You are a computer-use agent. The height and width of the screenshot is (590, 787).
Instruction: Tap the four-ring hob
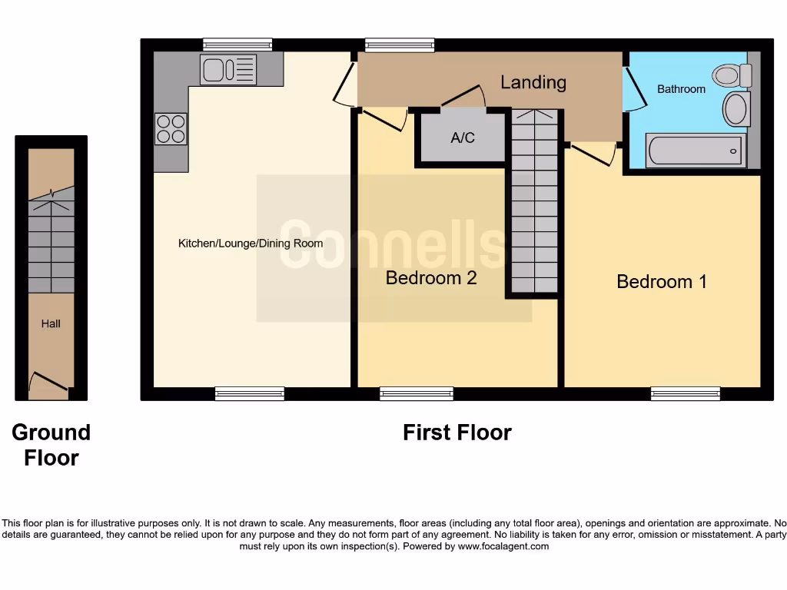[171, 128]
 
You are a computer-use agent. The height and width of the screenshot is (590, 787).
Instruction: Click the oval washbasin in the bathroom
[736, 109]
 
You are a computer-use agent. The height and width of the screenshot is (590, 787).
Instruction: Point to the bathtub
[696, 151]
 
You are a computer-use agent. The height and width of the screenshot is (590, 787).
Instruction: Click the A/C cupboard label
[463, 138]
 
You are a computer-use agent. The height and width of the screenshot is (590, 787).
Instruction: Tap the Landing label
[533, 82]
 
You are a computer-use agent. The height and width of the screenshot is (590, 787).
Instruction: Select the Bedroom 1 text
[662, 282]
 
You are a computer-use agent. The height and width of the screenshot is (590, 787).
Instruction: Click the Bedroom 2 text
[431, 278]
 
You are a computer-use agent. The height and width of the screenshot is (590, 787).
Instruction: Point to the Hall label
[51, 323]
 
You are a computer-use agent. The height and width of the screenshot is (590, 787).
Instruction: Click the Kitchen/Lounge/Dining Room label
[251, 244]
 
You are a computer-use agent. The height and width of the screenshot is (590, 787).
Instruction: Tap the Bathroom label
[681, 89]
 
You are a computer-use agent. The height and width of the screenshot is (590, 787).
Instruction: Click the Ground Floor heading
[51, 445]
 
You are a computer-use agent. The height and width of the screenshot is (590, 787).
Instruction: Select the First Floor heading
[457, 433]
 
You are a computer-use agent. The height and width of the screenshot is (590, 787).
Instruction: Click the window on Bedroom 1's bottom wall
[686, 394]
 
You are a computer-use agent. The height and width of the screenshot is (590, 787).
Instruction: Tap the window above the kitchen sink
[237, 45]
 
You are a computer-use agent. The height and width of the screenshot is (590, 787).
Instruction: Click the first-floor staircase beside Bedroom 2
[535, 204]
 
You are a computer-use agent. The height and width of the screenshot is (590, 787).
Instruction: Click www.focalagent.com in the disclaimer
[503, 546]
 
